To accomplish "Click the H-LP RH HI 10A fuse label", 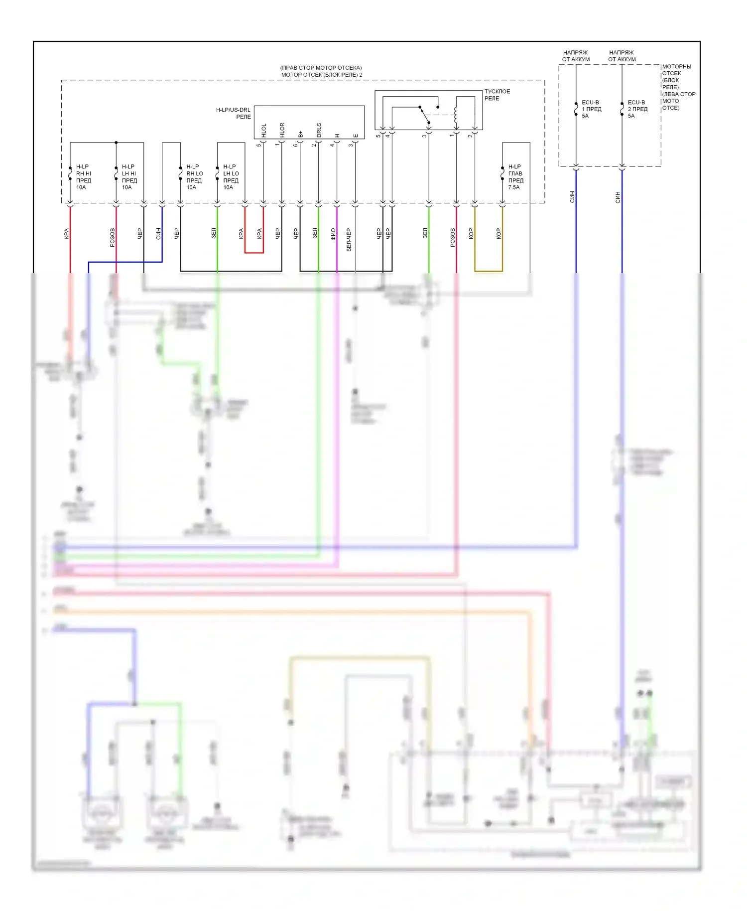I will click(83, 177).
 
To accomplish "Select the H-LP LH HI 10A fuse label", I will click(129, 177).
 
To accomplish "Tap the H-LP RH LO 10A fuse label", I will click(194, 177).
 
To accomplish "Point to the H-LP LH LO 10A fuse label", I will click(231, 177).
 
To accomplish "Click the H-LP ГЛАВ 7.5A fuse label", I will click(515, 177).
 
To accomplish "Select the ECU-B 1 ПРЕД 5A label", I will click(591, 109).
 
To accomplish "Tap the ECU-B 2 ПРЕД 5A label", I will click(637, 109).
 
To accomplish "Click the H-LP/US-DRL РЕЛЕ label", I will click(234, 113).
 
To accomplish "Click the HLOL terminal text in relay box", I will click(264, 131).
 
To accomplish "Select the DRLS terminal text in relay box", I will click(319, 130).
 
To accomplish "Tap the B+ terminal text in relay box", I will click(300, 134).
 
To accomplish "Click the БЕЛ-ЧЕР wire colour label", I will click(349, 240).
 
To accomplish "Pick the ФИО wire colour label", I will click(333, 234).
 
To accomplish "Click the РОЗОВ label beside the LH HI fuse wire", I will click(112, 238).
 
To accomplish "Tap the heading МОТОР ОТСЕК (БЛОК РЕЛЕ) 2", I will click(321, 75).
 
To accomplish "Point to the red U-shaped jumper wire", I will click(253, 252).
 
